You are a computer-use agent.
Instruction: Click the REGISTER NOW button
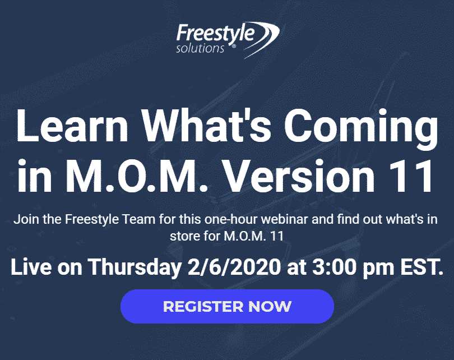click(x=227, y=306)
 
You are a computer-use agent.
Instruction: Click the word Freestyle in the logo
click(x=215, y=34)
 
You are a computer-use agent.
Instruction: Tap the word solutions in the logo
click(x=200, y=48)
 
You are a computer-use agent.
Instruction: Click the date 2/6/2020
click(x=234, y=267)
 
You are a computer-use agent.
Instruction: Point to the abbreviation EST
click(x=422, y=267)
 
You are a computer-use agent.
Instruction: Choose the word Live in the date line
click(x=31, y=267)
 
